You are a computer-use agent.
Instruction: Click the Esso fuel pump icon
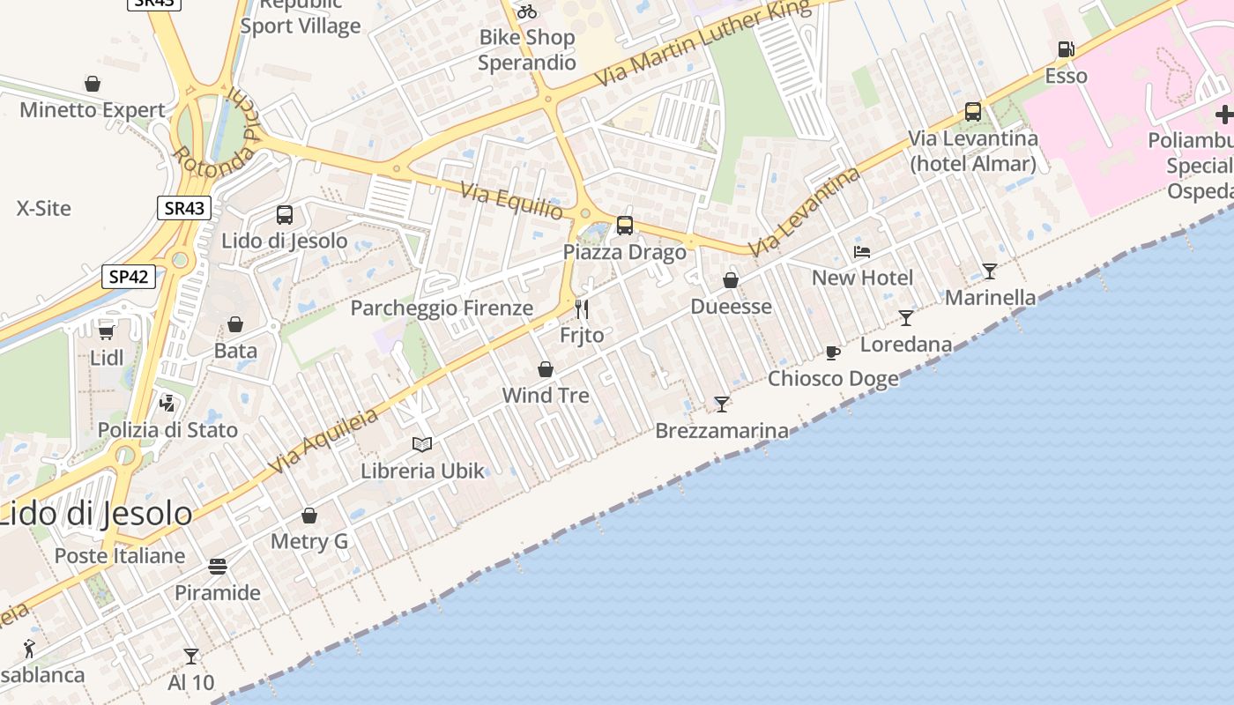1066,49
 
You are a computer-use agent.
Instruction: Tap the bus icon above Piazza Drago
625,226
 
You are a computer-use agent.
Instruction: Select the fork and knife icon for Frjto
582,309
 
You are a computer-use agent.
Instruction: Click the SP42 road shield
129,277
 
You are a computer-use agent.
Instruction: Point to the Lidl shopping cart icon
106,332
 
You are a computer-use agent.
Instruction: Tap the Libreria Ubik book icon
422,444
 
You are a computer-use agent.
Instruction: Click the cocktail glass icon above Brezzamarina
722,404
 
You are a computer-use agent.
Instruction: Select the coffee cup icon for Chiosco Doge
833,353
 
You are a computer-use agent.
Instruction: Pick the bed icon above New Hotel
862,252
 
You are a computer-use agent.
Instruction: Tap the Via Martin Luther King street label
702,42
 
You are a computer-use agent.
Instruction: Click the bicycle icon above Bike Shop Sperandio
527,11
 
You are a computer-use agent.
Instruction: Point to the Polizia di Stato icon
167,404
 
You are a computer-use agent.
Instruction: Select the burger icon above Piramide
218,566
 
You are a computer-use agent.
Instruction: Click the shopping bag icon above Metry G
309,516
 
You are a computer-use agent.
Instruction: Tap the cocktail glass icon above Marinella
990,271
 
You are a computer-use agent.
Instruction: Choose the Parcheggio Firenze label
442,308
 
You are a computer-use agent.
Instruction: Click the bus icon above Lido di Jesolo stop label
285,215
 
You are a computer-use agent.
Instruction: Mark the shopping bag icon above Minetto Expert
93,85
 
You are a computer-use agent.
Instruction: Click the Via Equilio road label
511,201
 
